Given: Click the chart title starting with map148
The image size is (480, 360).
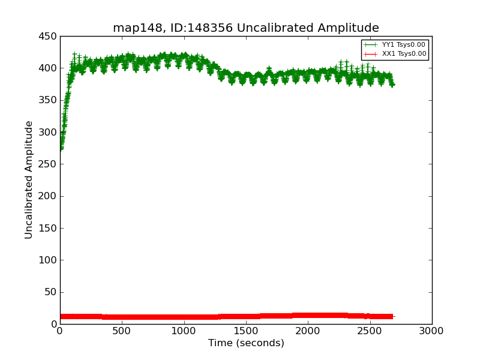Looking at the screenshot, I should pyautogui.click(x=246, y=28).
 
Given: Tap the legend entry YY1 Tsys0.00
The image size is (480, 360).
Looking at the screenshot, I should pyautogui.click(x=403, y=44).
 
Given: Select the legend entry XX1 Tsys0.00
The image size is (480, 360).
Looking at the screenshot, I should pyautogui.click(x=403, y=53).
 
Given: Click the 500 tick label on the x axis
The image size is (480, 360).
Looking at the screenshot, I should pyautogui.click(x=122, y=331).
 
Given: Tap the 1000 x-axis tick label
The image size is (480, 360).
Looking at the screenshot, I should pyautogui.click(x=184, y=331).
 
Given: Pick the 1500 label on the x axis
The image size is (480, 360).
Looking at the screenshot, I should pyautogui.click(x=246, y=331).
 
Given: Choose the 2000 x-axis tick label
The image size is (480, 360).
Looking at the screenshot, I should pyautogui.click(x=308, y=331).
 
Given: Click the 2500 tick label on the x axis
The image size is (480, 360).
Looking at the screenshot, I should pyautogui.click(x=370, y=331).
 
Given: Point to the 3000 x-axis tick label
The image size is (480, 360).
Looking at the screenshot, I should pyautogui.click(x=431, y=331).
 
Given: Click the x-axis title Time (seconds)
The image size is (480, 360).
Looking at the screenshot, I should pyautogui.click(x=246, y=343).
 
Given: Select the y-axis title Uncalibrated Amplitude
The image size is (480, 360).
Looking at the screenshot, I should pyautogui.click(x=29, y=180).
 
